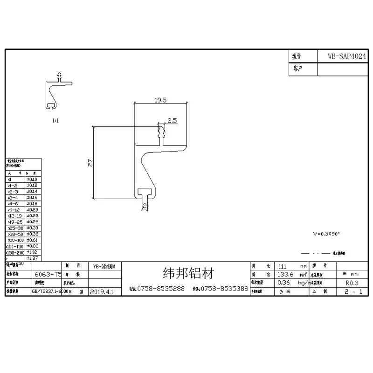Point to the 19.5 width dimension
[160, 100]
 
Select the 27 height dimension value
[91, 163]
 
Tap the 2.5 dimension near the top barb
[172, 121]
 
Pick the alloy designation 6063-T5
[48, 275]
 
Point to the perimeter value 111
[282, 266]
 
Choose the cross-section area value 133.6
[285, 274]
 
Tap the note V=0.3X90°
[326, 233]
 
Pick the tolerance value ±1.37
[32, 258]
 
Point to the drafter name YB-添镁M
[104, 265]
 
